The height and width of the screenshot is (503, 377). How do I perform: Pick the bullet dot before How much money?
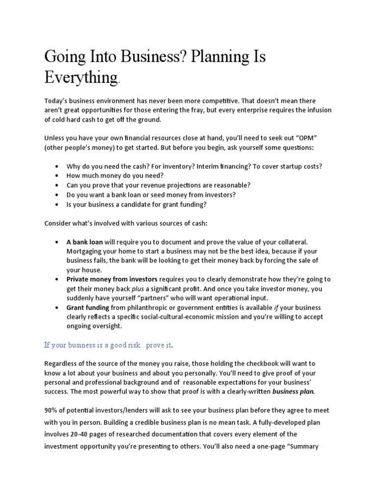click(x=58, y=175)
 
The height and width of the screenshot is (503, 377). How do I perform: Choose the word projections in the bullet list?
click(x=180, y=185)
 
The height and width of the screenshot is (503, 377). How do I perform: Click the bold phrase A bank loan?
click(x=85, y=242)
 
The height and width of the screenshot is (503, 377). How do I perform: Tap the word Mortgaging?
click(x=86, y=251)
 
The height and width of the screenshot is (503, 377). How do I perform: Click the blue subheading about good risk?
click(x=108, y=345)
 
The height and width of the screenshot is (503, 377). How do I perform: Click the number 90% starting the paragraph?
click(x=51, y=410)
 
